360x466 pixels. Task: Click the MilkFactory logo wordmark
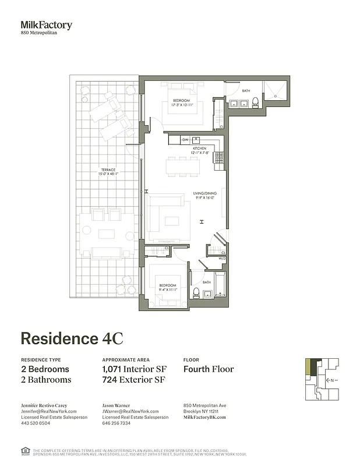[47, 25]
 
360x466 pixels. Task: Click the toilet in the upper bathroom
[255, 104]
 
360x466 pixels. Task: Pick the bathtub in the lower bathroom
[220, 283]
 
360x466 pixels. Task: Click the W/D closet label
[222, 258]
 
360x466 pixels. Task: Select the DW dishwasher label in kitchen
[185, 140]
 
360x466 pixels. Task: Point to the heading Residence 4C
[72, 339]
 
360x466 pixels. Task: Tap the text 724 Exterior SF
[134, 380]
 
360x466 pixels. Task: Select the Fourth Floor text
[209, 369]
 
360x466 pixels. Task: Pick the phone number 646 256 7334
[116, 423]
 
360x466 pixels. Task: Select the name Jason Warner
[117, 405]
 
